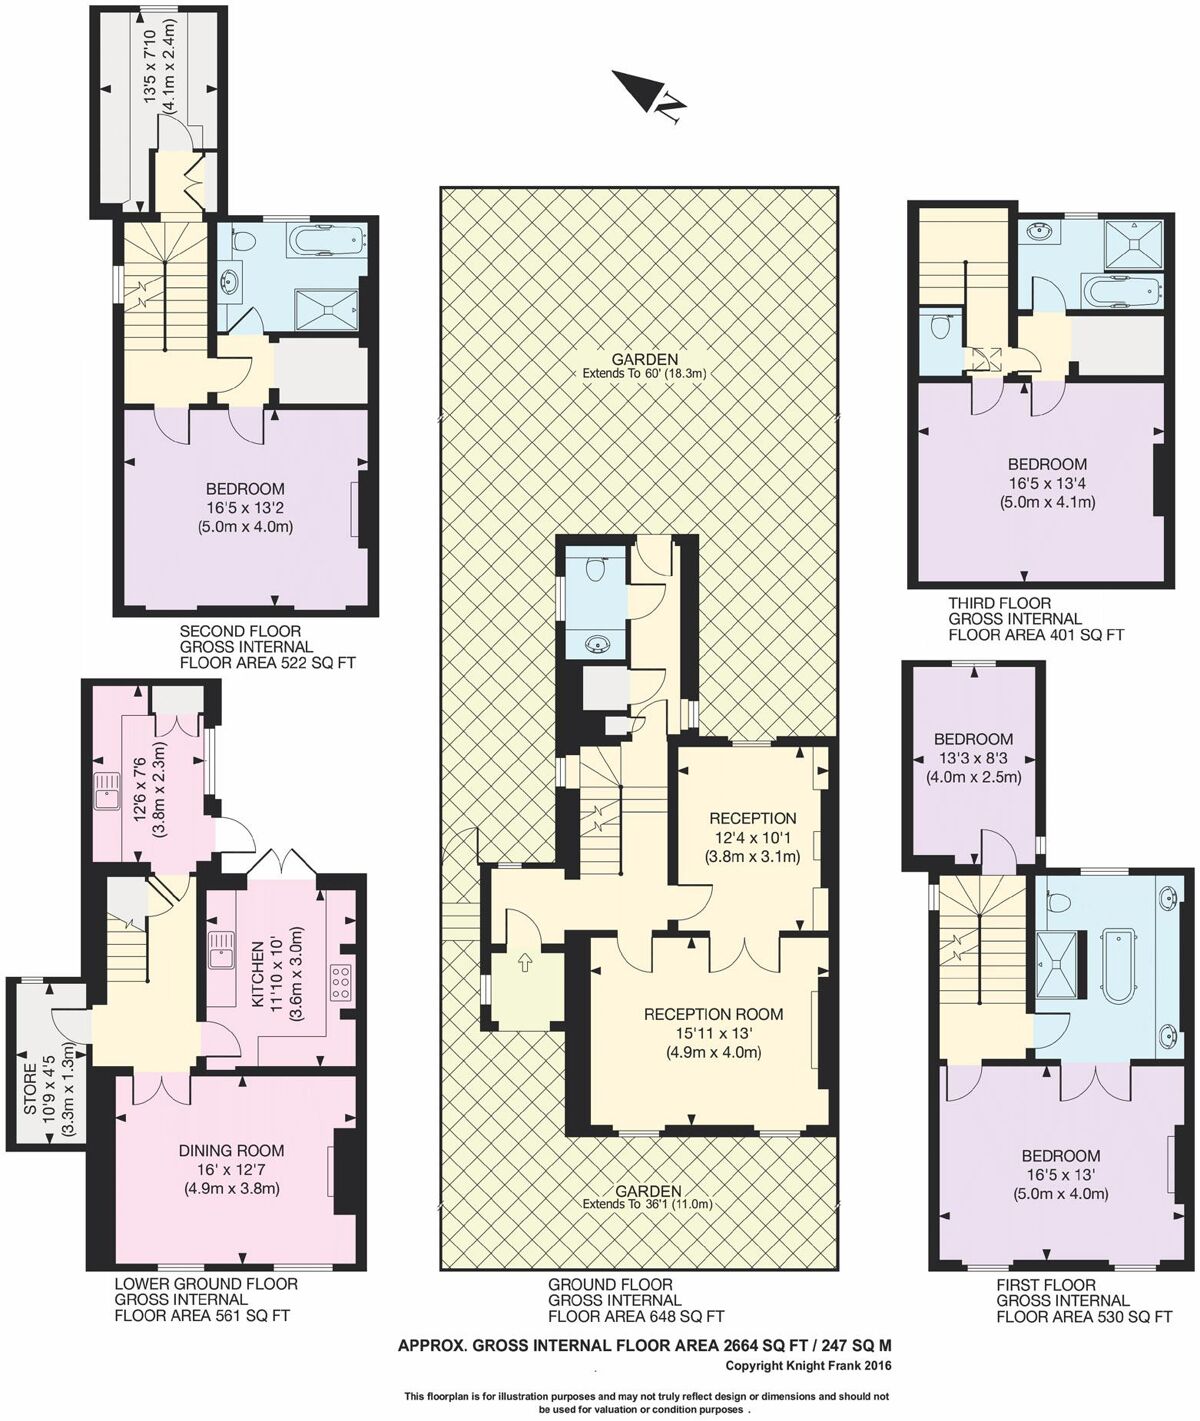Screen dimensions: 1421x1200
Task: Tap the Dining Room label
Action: point(231,1151)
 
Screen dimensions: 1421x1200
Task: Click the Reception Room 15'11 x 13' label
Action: point(713,1014)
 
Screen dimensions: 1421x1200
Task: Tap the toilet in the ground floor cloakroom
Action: point(596,570)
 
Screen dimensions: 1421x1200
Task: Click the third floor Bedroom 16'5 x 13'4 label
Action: point(1047,464)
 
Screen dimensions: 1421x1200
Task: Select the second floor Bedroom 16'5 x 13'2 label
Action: point(245,489)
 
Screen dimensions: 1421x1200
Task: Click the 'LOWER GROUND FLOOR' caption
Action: point(206,1284)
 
